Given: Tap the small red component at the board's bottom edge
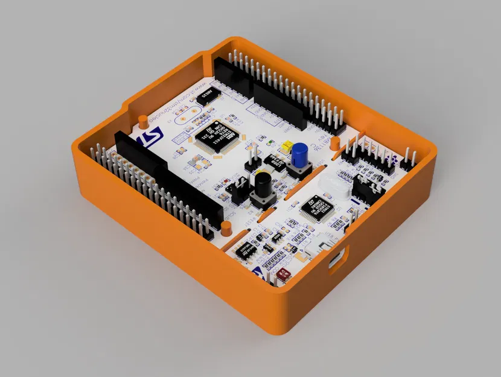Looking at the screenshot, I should pos(284,273).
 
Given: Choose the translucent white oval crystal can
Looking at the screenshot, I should pos(331,183).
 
